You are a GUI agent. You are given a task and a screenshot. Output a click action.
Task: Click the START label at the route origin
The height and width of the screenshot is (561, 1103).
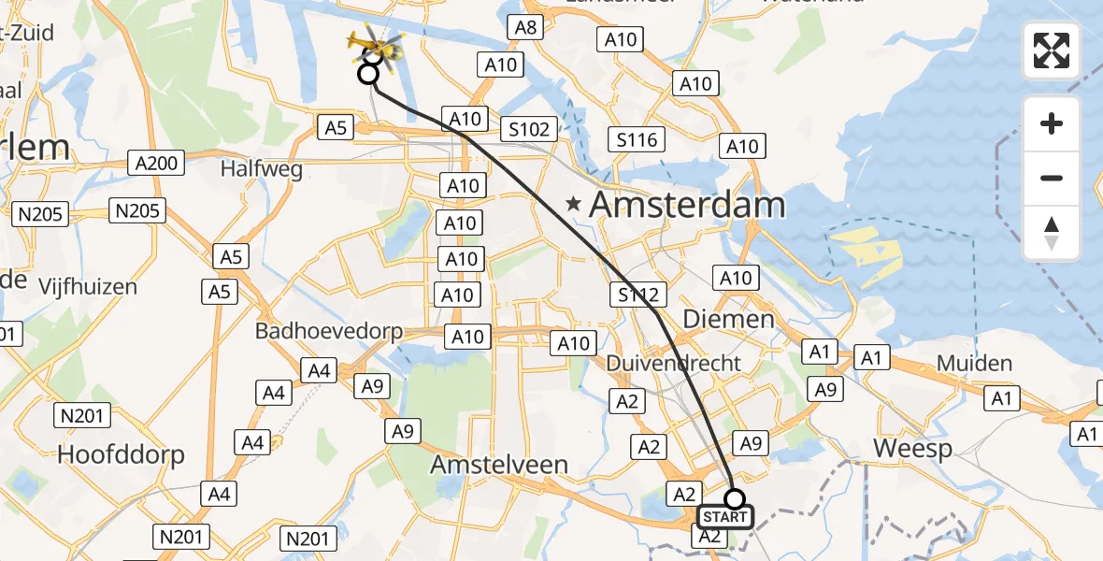[x=724, y=517]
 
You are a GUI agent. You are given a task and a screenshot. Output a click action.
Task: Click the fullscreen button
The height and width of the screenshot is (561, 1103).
[x=1052, y=50]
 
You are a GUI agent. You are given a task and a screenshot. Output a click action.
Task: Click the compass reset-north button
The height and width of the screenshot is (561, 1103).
[x=1052, y=233]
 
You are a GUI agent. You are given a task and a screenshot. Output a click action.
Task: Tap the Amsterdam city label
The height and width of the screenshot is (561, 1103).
[x=687, y=204]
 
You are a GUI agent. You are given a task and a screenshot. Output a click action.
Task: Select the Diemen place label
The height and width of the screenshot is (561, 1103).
[x=728, y=319]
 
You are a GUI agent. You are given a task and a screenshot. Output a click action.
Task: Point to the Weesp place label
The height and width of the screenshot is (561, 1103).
[x=912, y=448]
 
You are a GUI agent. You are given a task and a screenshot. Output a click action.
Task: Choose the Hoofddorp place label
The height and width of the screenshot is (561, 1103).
[x=121, y=454]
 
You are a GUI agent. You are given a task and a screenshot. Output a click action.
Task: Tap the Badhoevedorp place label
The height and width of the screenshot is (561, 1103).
[x=329, y=332]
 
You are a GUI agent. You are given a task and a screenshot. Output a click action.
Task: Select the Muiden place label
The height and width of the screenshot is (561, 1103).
[x=974, y=363]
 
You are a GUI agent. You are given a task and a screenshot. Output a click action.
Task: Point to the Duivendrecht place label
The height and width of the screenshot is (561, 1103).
[x=673, y=363]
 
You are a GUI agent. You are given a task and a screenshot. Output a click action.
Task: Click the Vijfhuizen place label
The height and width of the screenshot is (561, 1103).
[x=88, y=287]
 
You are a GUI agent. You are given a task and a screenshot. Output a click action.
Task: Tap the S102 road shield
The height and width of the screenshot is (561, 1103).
[x=529, y=129]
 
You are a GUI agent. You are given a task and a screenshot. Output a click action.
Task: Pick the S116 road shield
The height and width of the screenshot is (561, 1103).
[x=638, y=140]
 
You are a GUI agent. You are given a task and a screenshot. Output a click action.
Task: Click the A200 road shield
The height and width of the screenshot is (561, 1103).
[x=155, y=164]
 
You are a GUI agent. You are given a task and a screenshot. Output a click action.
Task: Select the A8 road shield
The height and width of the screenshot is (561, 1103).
[x=526, y=26]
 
